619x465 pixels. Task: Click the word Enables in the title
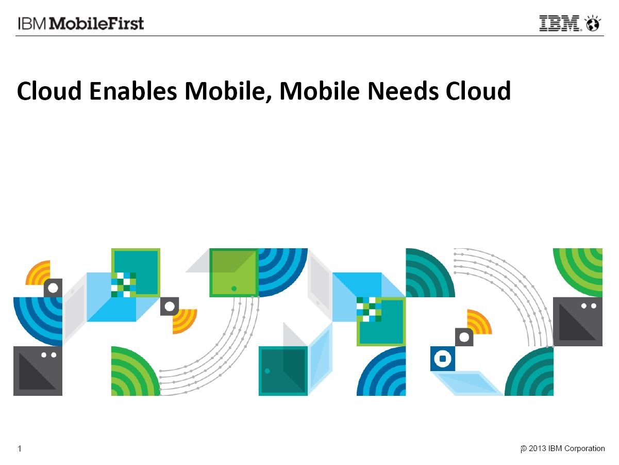point(133,91)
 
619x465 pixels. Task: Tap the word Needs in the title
point(403,91)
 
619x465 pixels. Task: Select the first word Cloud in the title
point(49,91)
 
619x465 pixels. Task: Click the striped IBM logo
point(560,23)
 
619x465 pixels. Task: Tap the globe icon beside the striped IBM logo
point(593,23)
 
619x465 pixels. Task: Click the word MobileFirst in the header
point(96,23)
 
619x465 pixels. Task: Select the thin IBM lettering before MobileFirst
point(31,23)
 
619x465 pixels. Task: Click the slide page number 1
point(20,448)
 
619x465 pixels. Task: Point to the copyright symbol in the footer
point(524,448)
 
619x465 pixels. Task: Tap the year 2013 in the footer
point(537,448)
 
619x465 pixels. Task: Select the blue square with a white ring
point(442,359)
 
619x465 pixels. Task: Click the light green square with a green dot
point(234,272)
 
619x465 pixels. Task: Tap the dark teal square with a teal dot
point(283,371)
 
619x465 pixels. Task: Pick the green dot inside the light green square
point(234,288)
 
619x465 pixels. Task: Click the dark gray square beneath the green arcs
point(578,322)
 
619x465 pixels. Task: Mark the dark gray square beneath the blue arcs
point(38,371)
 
